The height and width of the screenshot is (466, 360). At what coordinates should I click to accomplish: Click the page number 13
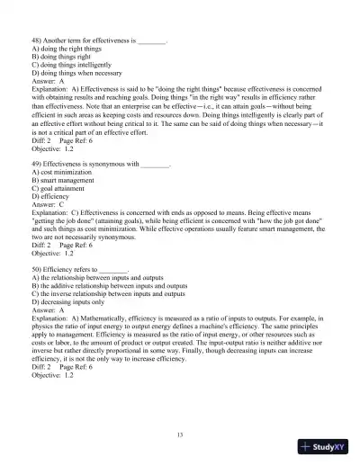click(181, 435)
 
